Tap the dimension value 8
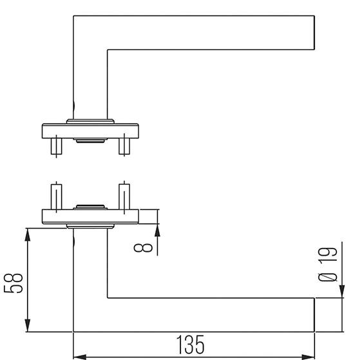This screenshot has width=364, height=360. (147, 246)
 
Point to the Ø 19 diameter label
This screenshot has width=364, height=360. (328, 265)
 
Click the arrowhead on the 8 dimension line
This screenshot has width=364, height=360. (156, 229)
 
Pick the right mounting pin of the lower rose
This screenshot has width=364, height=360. (122, 196)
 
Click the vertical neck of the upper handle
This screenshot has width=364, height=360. (90, 77)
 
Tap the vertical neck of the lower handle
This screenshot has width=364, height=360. (90, 270)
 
